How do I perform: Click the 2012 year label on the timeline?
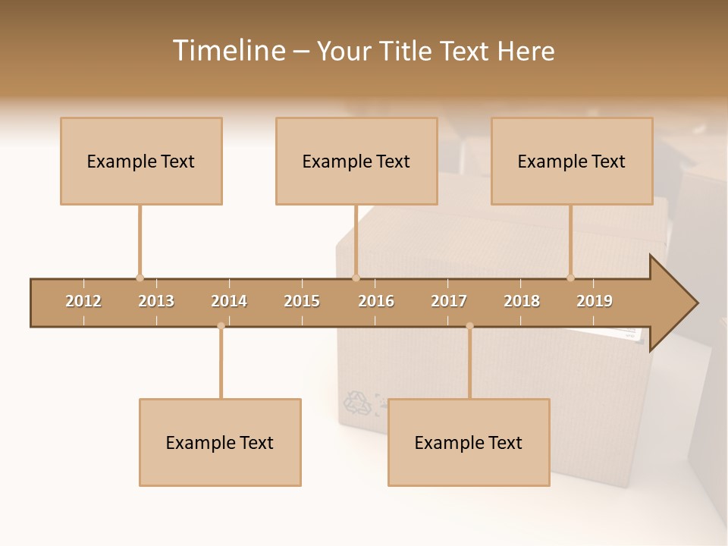83,301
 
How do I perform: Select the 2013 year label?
156,301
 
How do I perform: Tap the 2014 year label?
229,301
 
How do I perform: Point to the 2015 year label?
302,301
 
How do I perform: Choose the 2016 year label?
376,301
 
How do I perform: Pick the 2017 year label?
449,301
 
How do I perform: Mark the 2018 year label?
522,301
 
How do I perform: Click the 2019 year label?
595,301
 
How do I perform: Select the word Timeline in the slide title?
227,51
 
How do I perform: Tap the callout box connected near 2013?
141,161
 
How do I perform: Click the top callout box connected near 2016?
356,161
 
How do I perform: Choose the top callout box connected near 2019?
572,161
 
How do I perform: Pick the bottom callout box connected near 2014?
220,442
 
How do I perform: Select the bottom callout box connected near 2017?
469,442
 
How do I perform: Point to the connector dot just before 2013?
140,278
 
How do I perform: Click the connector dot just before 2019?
570,278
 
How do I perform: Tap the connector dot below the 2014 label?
221,326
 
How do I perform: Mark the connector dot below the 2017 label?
469,326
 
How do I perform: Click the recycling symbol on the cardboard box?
359,403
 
